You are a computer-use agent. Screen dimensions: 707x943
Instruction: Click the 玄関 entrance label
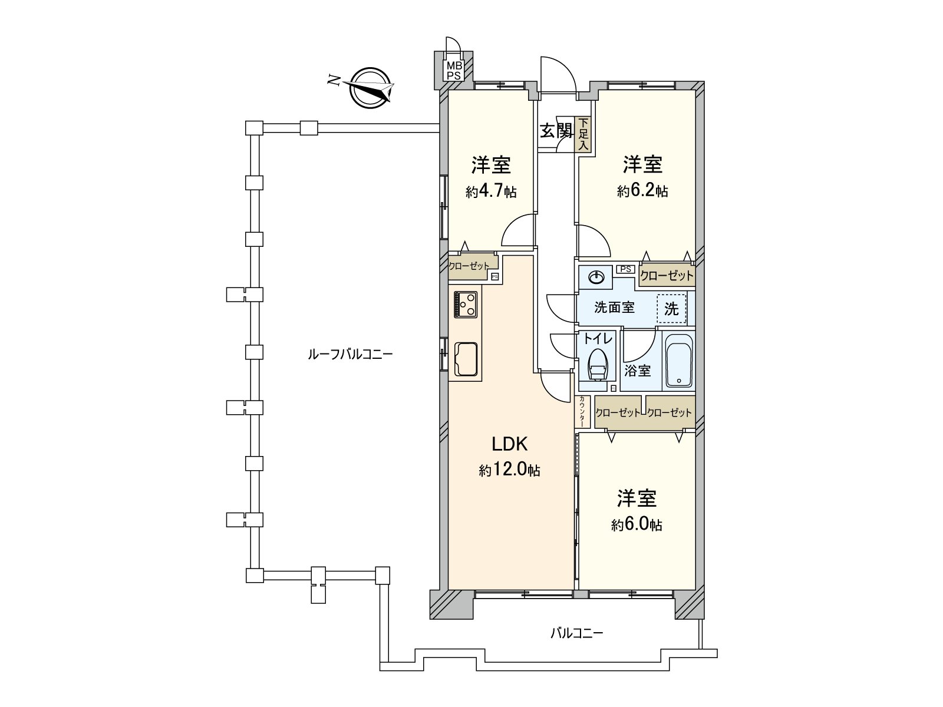coord(556,131)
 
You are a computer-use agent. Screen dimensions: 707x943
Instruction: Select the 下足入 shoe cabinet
coord(583,134)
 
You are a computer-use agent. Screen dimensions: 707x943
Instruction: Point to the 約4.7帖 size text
coord(490,191)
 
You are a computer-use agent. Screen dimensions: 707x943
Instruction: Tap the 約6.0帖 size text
coord(637,524)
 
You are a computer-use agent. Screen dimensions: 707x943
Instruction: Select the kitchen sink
coord(466,358)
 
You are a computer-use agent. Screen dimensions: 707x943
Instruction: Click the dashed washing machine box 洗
coord(671,309)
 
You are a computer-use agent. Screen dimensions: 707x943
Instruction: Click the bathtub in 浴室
coord(679,361)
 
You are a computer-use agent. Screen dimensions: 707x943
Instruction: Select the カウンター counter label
coord(582,411)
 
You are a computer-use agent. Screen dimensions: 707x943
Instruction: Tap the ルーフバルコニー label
coord(350,355)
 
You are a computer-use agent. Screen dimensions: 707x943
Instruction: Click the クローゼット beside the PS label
coord(667,276)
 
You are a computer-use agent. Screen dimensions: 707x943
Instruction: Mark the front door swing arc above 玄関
coord(559,74)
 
